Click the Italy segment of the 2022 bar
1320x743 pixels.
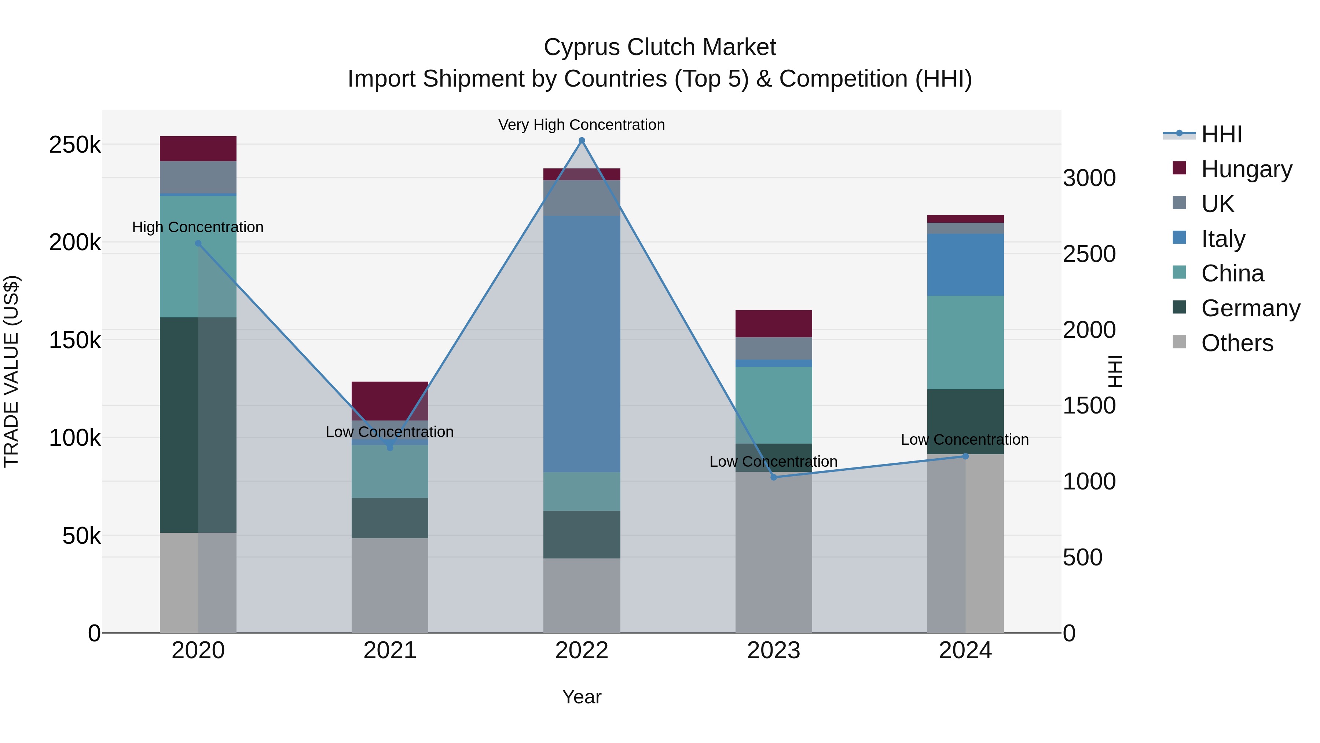(x=582, y=343)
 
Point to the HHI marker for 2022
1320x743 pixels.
(x=582, y=141)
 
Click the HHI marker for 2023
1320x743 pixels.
(x=774, y=477)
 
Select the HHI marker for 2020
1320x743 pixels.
(x=198, y=244)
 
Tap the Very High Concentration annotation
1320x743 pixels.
(x=582, y=125)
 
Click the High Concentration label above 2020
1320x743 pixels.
(x=198, y=227)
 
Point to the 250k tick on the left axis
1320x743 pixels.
(x=75, y=145)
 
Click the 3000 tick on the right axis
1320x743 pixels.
(x=1089, y=178)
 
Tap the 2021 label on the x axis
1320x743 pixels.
(x=389, y=651)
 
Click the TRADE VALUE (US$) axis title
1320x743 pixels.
(x=11, y=371)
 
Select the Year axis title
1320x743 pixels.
(x=582, y=697)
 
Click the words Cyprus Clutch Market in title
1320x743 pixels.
(x=660, y=47)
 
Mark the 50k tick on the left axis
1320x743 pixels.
(x=81, y=536)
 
